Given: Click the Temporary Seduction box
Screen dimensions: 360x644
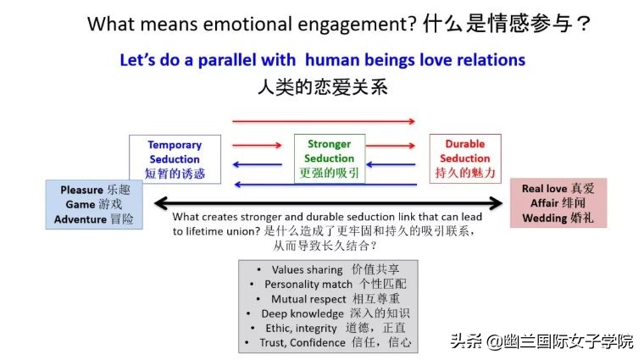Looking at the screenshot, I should click(175, 159).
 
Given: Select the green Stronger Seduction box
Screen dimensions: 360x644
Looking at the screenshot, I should click(329, 158).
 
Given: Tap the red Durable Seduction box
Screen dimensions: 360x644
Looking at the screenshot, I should click(465, 158).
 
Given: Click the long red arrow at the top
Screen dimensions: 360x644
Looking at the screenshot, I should click(324, 122).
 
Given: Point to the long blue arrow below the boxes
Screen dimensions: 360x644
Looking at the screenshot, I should click(324, 185).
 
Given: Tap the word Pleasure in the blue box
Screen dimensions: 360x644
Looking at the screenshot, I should click(81, 190).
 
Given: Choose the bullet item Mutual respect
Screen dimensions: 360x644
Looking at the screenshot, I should click(308, 298).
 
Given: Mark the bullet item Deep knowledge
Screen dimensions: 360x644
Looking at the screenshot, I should click(303, 313).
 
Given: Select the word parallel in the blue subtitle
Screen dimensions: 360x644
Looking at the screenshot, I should click(254, 60).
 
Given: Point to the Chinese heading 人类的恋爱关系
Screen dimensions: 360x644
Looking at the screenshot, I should click(321, 86).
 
